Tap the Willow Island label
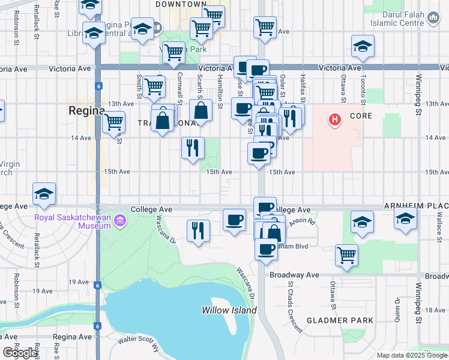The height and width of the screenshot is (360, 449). click(229, 310)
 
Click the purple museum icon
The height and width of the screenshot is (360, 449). click(121, 221)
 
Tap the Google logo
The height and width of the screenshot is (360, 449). click(20, 353)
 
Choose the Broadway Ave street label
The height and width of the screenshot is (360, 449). click(294, 275)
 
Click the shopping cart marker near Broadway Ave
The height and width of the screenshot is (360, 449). click(347, 254)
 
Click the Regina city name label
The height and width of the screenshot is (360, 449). click(87, 110)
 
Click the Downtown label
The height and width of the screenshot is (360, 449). click(181, 4)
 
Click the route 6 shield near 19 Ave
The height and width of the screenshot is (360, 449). click(97, 286)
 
